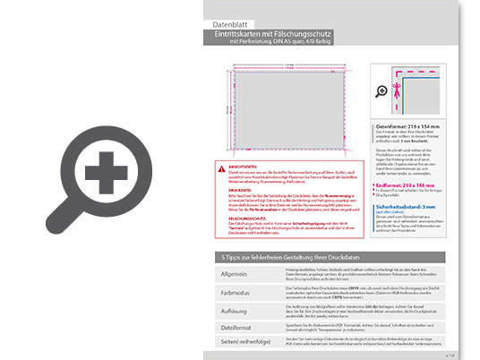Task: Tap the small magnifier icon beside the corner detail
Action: pos(383,90)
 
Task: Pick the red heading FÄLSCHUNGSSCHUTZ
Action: pos(253,218)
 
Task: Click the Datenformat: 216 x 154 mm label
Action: pos(408,129)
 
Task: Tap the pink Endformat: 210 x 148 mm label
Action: pos(407,184)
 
